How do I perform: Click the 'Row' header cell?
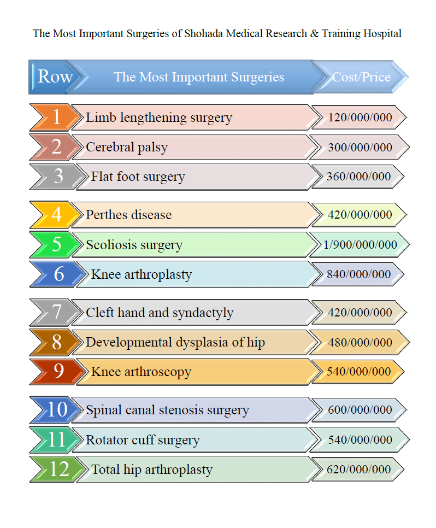pos(55,77)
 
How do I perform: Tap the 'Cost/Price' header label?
pos(361,77)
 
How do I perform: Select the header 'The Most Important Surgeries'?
pos(199,77)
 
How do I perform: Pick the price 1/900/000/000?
pos(360,244)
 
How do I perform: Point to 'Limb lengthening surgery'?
pos(159,118)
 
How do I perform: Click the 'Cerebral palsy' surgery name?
pos(127,147)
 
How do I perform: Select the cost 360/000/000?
pos(358,177)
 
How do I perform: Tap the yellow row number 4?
pos(56,215)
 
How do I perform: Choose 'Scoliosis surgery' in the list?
pos(134,245)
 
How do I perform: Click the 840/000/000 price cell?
pos(358,274)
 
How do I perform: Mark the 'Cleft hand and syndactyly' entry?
pos(160,313)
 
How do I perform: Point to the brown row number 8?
pos(56,343)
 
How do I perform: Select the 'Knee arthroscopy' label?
pos(141,372)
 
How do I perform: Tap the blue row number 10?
pos(56,410)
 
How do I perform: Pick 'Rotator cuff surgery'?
pos(143,440)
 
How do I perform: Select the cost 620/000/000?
pos(358,470)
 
